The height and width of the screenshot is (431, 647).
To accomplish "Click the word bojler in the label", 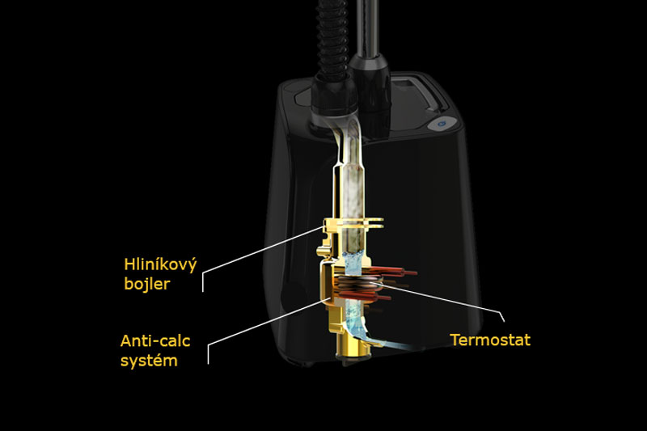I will pyautogui.click(x=147, y=284).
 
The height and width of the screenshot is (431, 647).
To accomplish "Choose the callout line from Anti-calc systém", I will pyautogui.click(x=267, y=323).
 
